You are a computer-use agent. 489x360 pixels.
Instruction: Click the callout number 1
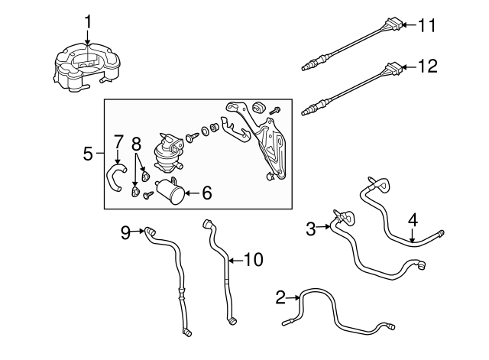point(88,21)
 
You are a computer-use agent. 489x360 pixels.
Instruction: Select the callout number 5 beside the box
point(87,154)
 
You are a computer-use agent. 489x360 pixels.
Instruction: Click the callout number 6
point(206,194)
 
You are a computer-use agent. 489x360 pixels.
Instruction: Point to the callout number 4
point(413,220)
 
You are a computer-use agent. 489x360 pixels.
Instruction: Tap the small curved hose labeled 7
point(115,177)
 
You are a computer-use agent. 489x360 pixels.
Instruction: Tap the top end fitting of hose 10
point(207,225)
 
